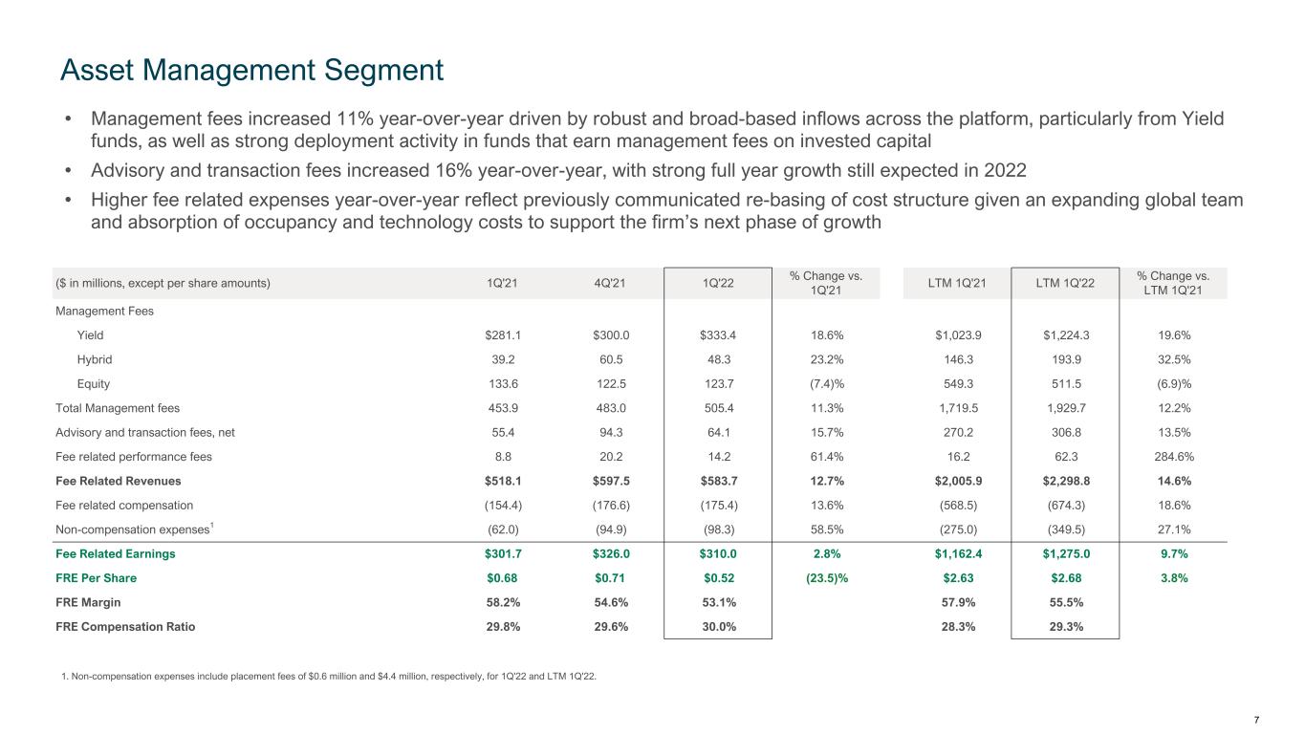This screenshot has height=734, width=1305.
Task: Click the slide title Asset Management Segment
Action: click(251, 70)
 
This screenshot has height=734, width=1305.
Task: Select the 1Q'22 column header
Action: click(719, 283)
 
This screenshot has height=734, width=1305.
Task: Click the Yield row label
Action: click(90, 335)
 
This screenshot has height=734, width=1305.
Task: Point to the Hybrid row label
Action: click(94, 360)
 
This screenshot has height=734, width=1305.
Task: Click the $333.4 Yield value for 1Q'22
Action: click(719, 335)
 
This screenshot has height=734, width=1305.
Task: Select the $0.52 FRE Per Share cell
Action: click(719, 578)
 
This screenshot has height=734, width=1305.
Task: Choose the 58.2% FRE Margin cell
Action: click(504, 603)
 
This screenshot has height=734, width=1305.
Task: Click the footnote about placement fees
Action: click(328, 678)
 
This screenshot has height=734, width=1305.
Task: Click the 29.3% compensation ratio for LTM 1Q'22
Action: click(1064, 627)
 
